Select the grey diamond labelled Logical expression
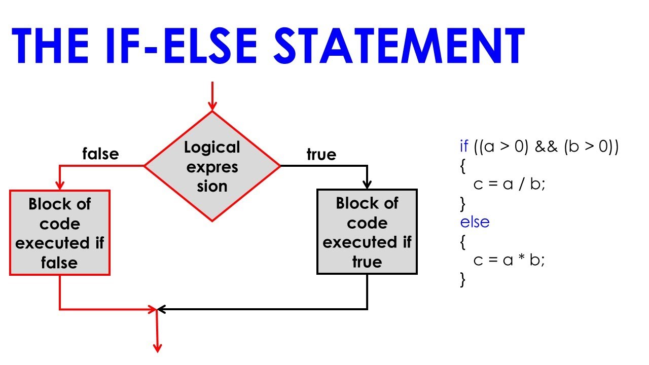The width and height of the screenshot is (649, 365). pos(212,166)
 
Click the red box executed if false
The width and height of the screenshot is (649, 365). pos(60,233)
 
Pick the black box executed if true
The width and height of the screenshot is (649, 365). pos(367,232)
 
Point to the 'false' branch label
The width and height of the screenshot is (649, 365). pos(100,153)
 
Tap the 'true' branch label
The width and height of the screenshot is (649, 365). pos(321,154)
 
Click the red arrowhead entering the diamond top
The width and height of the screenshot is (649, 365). pos(212,105)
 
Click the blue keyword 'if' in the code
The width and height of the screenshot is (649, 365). pos(464,147)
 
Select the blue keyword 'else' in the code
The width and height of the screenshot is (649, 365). pos(475,222)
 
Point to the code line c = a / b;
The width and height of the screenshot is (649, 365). pos(509,185)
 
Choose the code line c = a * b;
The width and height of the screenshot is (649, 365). pos(509,260)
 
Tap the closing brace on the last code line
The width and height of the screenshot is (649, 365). pos(462,279)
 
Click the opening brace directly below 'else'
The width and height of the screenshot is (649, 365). pos(462,242)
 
